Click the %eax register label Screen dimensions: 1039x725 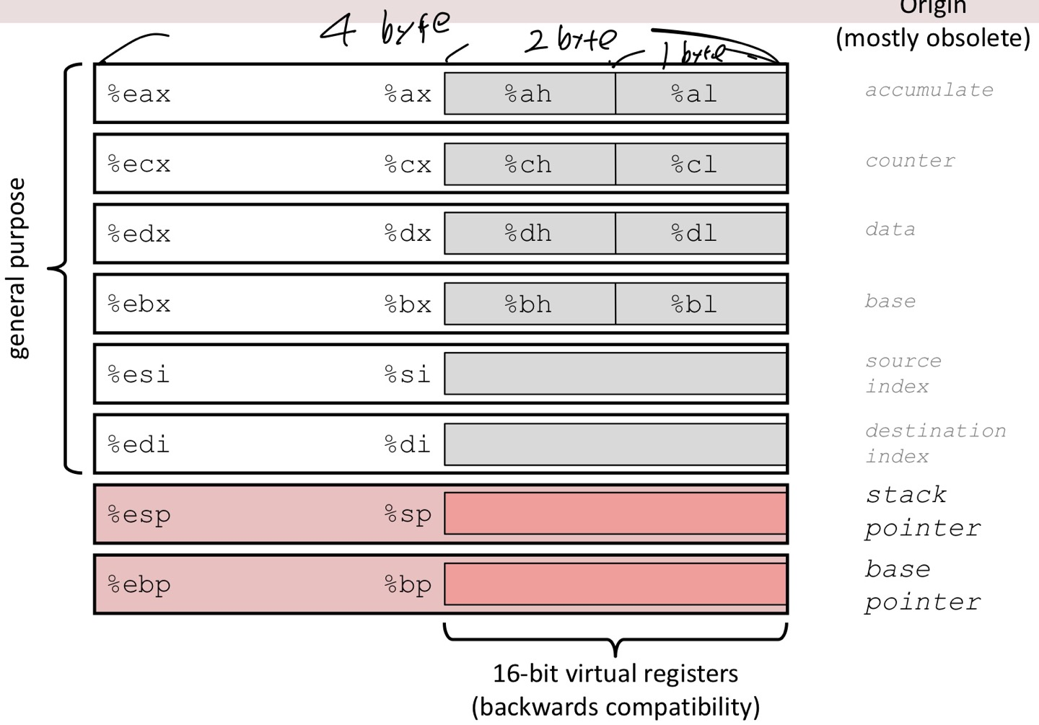(139, 95)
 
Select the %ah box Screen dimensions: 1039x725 (529, 94)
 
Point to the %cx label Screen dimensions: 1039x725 (408, 164)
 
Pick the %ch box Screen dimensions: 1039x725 (529, 164)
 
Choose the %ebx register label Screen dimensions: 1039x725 (139, 304)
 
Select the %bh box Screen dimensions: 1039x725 (529, 304)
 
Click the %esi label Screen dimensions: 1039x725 (139, 374)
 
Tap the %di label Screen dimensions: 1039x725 (408, 444)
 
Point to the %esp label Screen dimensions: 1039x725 (139, 515)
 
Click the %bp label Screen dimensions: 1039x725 (408, 585)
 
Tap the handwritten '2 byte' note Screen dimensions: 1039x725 (570, 40)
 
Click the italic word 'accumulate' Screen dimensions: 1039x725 (929, 90)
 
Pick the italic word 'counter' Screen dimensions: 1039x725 (910, 161)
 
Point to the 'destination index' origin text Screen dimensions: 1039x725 (935, 443)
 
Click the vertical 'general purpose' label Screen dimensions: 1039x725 (17, 268)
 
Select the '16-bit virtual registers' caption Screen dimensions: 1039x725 (615, 674)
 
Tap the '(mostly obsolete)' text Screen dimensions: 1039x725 (933, 38)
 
